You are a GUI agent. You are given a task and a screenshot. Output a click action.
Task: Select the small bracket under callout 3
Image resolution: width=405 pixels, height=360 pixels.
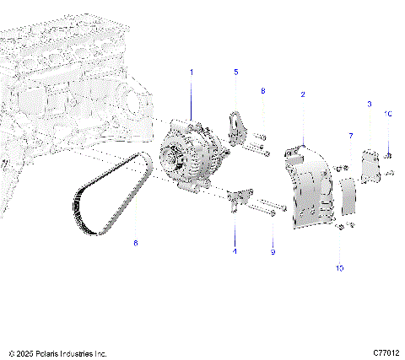click(370, 164)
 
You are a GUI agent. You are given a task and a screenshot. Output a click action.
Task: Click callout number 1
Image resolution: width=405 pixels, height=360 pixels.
click(192, 73)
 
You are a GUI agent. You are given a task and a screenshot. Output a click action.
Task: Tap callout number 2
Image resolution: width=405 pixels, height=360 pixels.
click(302, 96)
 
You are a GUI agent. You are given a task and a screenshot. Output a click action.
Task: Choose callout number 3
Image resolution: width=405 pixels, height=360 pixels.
click(369, 103)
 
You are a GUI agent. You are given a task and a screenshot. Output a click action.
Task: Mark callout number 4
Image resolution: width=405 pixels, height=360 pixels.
click(235, 250)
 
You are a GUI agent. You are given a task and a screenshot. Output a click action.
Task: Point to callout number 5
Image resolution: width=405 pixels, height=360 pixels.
click(235, 73)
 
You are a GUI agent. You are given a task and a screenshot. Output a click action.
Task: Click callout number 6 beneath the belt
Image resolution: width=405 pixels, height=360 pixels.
click(133, 243)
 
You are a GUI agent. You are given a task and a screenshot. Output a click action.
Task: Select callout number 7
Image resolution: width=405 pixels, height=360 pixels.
click(350, 135)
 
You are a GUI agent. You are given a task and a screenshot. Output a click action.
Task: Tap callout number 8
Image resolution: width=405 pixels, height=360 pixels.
click(262, 90)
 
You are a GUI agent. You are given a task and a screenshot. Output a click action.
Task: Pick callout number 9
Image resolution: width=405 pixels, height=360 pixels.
click(273, 251)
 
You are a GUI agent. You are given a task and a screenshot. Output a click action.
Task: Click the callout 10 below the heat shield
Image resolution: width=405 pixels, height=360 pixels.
click(339, 268)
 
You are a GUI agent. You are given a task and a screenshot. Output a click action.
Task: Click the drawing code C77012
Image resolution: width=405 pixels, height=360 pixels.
click(384, 352)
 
